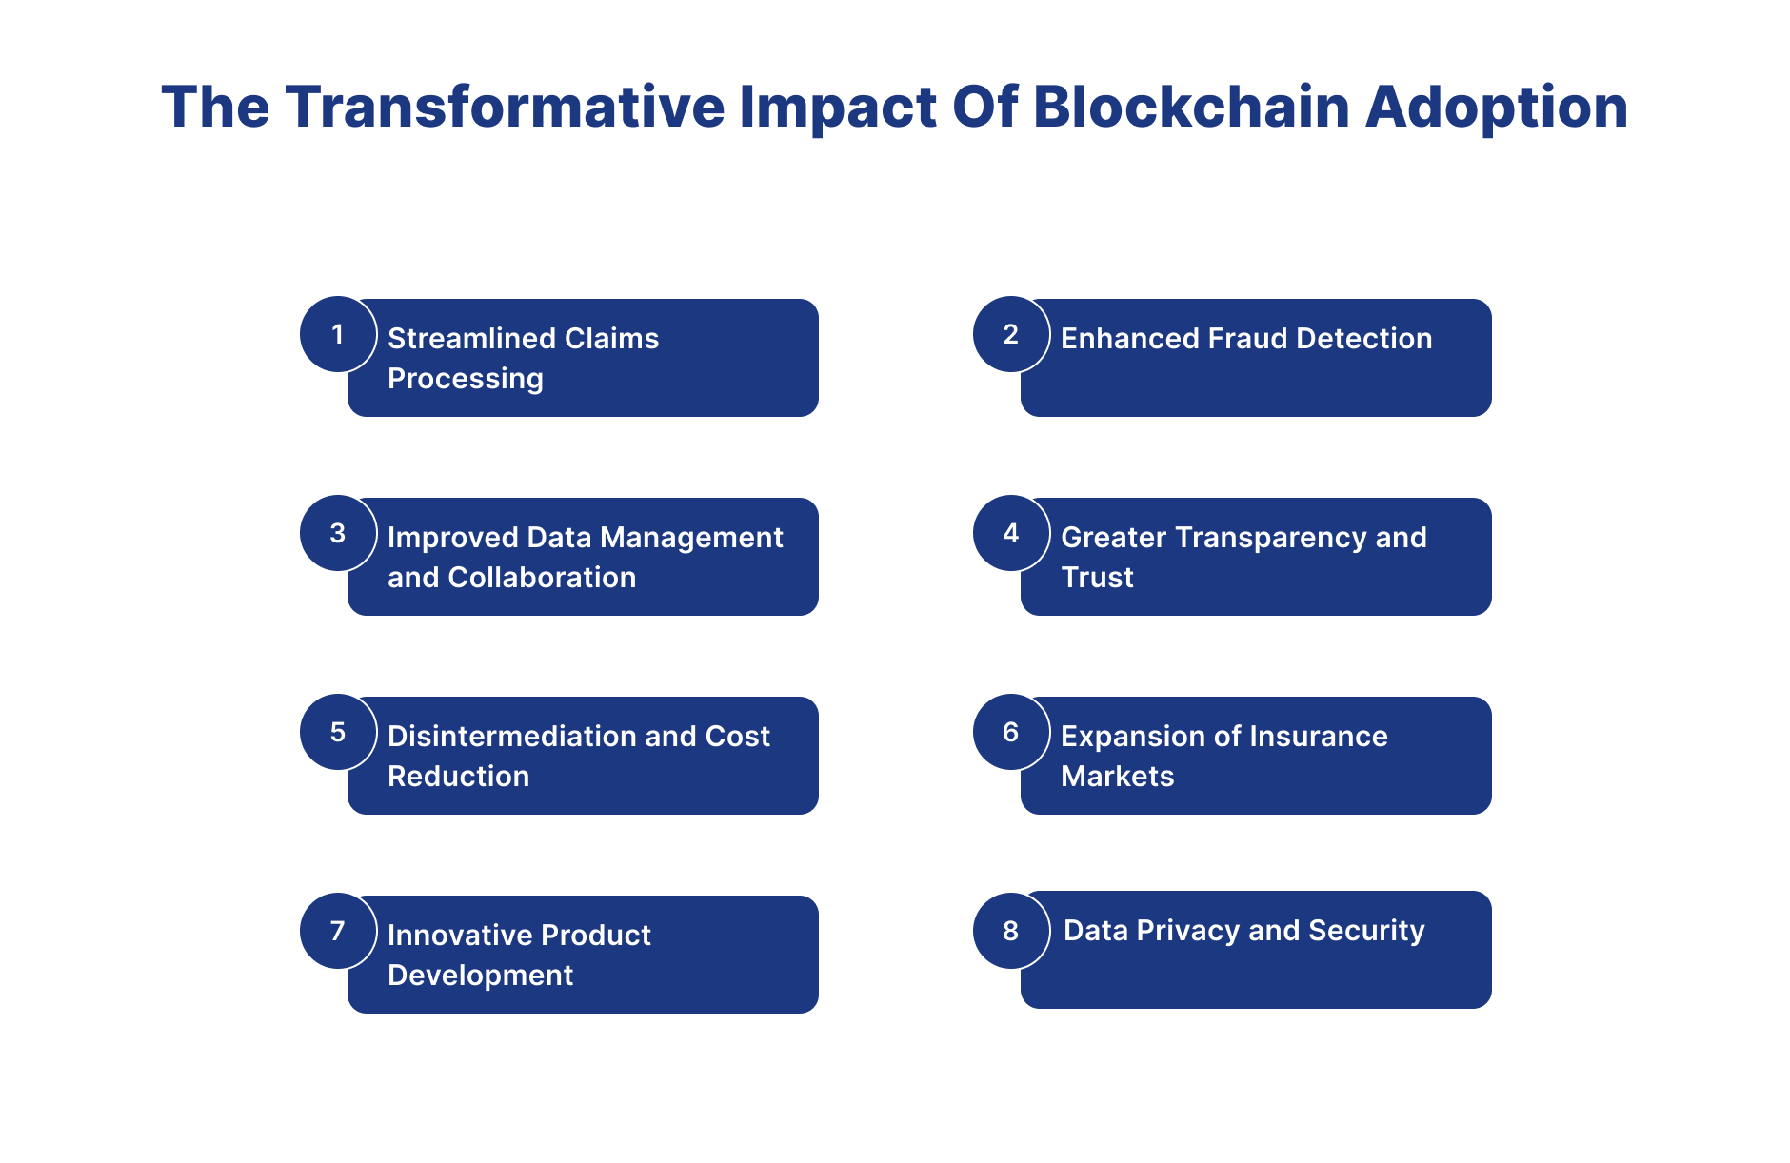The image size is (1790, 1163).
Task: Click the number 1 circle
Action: [338, 334]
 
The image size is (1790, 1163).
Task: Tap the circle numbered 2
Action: [1011, 334]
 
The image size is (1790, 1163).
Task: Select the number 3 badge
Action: [338, 533]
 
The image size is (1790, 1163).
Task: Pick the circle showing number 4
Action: [1011, 533]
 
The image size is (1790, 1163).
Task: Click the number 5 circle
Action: [338, 732]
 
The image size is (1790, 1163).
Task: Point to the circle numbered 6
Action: [1011, 732]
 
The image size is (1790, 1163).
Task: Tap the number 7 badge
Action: [338, 931]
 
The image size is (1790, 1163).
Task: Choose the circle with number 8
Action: [1011, 931]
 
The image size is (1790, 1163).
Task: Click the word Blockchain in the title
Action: [1191, 107]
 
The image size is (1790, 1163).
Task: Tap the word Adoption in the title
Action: [1497, 107]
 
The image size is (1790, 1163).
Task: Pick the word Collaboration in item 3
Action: [542, 578]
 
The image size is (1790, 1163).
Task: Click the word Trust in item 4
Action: [1097, 578]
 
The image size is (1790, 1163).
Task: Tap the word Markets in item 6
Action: [1117, 777]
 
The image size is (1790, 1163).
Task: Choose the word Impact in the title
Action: [838, 107]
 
